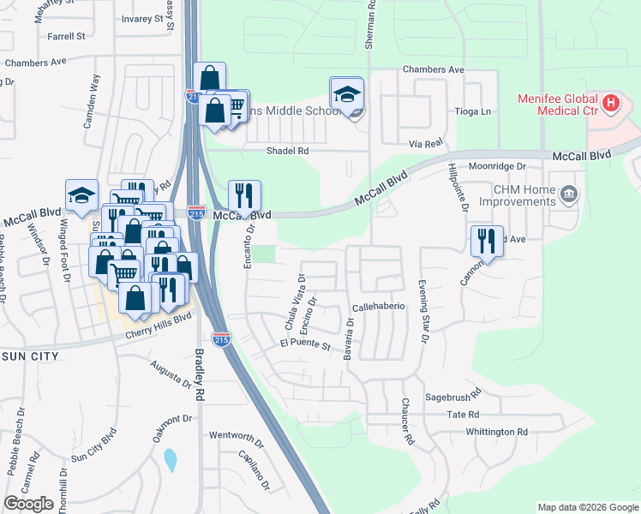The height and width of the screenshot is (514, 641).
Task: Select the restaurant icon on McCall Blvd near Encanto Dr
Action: (x=244, y=197)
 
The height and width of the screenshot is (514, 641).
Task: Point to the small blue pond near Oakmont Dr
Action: (x=170, y=460)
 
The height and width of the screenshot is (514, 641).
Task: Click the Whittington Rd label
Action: (x=496, y=432)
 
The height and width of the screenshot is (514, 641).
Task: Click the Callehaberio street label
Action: (x=378, y=307)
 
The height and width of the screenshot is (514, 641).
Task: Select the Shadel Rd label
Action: (x=286, y=151)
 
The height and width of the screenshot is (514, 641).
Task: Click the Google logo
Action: (x=28, y=504)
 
